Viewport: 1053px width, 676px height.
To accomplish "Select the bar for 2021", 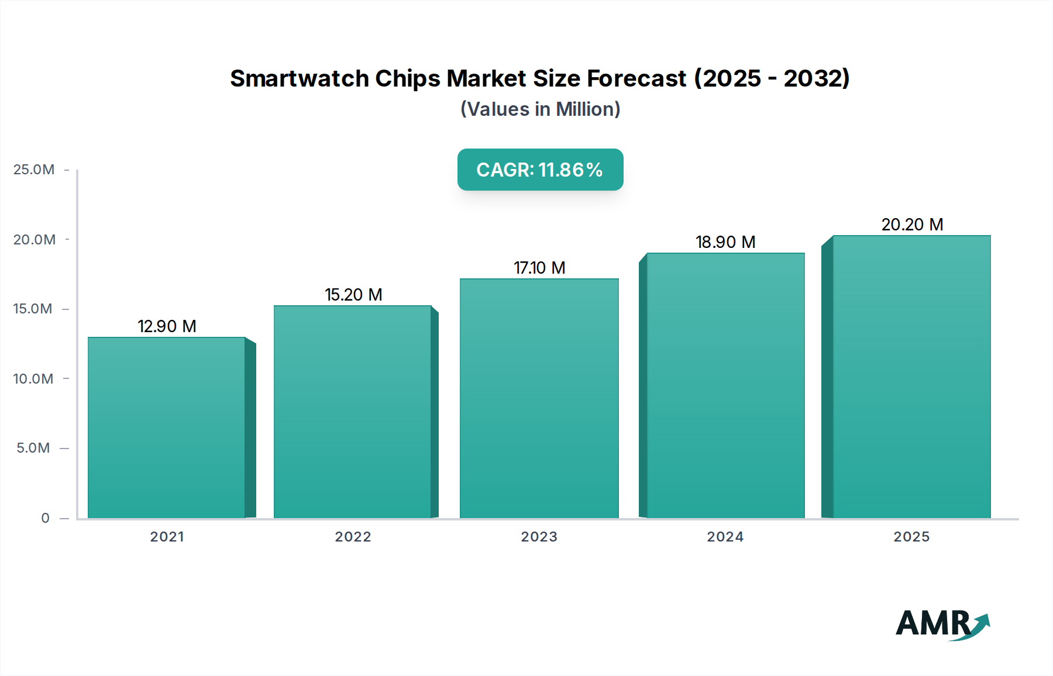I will [x=167, y=427].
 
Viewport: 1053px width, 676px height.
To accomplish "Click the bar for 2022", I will [x=353, y=412].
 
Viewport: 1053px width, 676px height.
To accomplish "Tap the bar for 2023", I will [x=539, y=398].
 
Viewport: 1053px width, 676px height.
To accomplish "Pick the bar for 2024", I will [x=725, y=385].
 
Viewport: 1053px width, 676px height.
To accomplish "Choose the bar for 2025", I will [x=911, y=377].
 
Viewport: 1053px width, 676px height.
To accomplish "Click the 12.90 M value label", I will [x=167, y=326].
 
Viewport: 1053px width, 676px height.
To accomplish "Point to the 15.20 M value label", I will [x=353, y=295].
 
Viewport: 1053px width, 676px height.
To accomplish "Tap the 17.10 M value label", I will [x=539, y=268].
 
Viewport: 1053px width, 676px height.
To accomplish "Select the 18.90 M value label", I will [x=725, y=242].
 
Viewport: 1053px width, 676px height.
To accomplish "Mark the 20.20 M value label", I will [x=912, y=225].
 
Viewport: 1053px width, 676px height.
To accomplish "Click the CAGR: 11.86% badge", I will [x=540, y=170].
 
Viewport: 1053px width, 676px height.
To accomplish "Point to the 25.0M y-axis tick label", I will [x=34, y=170].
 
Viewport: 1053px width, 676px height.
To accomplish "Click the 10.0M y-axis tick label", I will [x=33, y=379].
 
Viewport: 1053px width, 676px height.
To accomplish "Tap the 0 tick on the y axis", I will [x=46, y=518].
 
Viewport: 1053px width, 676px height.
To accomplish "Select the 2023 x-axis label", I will [x=539, y=537].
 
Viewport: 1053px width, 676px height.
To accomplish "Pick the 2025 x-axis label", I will [x=911, y=537].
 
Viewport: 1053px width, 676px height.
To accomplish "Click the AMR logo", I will [x=942, y=624].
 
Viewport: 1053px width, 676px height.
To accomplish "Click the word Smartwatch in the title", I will [x=299, y=78].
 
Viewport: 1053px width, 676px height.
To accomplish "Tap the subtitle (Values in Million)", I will [x=540, y=109].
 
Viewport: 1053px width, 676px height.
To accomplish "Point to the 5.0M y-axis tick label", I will [x=33, y=448].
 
